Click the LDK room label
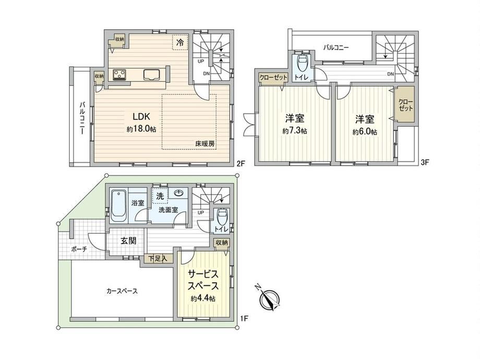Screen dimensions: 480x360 tap(141, 117)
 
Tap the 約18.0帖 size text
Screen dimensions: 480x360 tap(141, 129)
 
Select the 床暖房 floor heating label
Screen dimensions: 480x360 tap(205, 143)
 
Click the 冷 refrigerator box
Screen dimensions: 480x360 tap(181, 42)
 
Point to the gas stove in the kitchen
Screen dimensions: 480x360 tap(120, 75)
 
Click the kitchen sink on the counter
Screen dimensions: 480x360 tap(151, 75)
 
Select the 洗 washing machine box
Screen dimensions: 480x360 tap(160, 195)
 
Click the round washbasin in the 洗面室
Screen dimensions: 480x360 tap(178, 193)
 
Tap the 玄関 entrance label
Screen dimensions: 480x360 tap(128, 241)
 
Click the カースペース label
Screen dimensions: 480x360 tap(122, 291)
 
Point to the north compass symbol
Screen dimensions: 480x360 tap(269, 298)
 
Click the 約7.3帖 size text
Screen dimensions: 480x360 tap(294, 131)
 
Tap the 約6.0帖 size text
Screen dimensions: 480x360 tap(365, 132)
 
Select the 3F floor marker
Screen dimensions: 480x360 tap(425, 163)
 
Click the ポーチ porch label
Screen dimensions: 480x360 tap(79, 249)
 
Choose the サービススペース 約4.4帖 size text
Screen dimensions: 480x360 tap(202, 299)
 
